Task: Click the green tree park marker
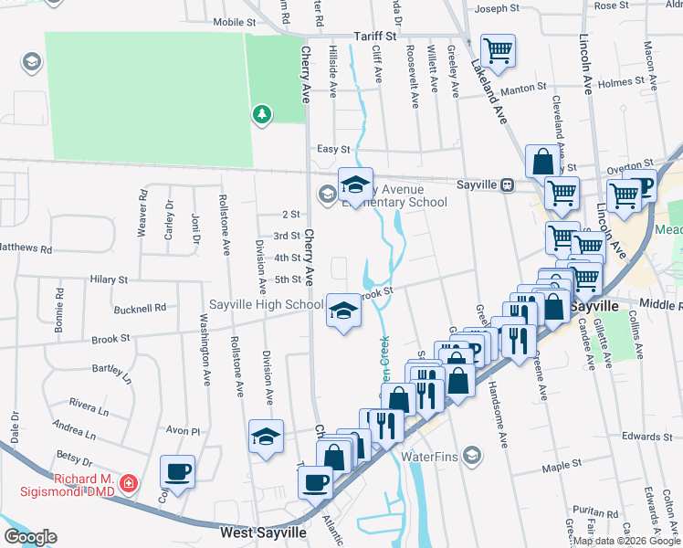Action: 262,113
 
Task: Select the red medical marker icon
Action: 130,481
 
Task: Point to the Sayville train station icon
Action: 505,184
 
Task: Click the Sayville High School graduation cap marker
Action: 343,310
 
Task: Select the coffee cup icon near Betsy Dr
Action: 177,471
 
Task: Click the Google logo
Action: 30,537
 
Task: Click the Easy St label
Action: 333,149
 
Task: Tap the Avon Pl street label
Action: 182,431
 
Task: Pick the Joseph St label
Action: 497,9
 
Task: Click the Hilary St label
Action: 109,279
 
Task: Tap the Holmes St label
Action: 621,82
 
